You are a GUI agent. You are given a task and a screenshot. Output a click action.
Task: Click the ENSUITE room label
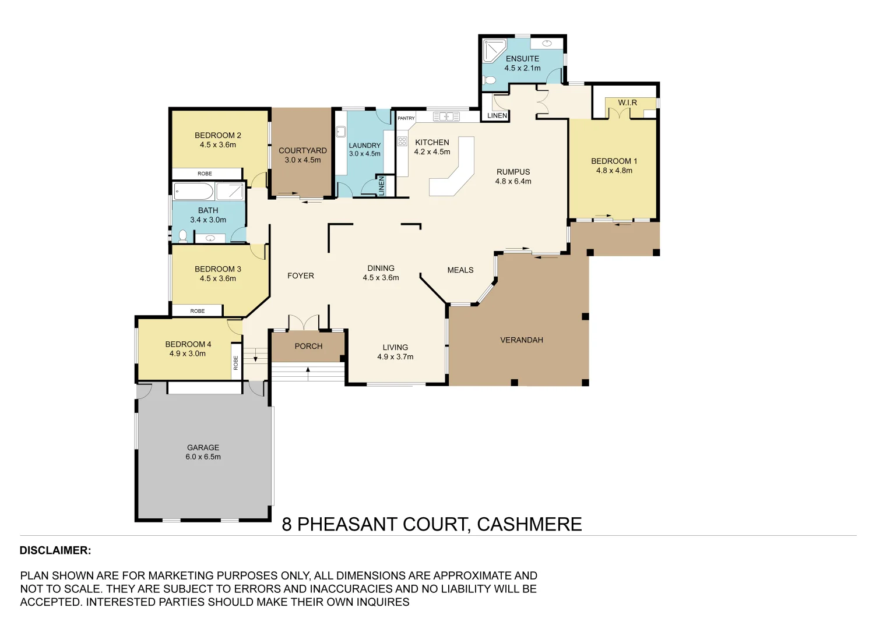point(522,59)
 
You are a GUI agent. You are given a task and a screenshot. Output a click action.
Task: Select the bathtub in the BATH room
point(194,191)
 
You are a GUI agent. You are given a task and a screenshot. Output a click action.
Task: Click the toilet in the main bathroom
point(183,235)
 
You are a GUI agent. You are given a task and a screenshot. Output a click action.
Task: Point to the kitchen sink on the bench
point(446,116)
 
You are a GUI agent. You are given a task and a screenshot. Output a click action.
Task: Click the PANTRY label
point(406,118)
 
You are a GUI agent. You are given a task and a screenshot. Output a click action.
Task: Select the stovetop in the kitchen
point(402,141)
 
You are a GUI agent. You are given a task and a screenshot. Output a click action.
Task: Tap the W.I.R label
point(627,103)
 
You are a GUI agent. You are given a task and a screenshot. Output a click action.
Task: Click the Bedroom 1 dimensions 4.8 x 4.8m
point(614,171)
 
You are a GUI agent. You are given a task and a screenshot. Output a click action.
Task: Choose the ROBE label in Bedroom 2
point(205,174)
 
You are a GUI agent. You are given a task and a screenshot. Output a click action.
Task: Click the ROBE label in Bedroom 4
point(236,363)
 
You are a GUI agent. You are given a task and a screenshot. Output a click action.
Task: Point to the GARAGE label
point(203,447)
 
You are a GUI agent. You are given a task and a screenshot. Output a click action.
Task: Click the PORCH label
point(308,346)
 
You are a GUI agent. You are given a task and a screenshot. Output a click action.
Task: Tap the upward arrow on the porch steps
point(308,370)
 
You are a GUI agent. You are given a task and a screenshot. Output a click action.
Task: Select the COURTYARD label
point(302,150)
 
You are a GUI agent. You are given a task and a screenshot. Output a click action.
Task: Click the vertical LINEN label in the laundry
point(382,186)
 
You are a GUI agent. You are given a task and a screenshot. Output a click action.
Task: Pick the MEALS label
point(460,270)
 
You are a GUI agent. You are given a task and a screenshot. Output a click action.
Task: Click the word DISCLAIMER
point(55,550)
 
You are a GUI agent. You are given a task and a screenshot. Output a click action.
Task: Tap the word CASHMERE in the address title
point(529,524)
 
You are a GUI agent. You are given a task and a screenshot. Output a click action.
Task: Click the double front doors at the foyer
point(304,323)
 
